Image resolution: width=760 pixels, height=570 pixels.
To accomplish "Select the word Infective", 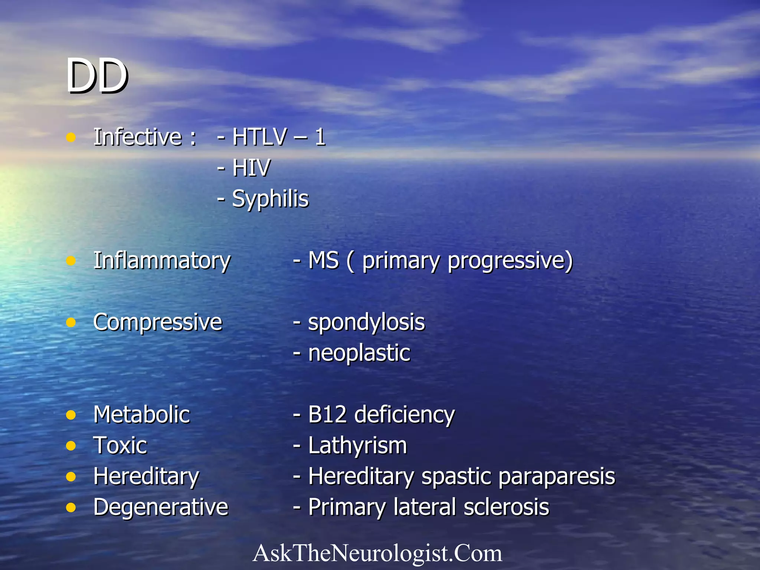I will click(137, 137).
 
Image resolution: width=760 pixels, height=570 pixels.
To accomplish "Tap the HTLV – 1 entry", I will click(279, 137).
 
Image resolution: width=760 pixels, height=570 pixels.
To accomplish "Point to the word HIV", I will click(251, 168).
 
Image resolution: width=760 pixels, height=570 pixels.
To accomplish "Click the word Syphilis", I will click(270, 199).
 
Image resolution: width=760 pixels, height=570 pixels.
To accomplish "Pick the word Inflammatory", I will click(162, 261).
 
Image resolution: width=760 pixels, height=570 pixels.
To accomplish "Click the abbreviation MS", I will click(323, 261).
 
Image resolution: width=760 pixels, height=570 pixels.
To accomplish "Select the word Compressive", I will click(158, 322).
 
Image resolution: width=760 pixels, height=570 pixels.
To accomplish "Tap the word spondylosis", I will click(366, 322).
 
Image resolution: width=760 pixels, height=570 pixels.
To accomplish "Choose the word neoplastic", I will click(359, 353).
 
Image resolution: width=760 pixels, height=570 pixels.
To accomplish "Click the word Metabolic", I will click(142, 415).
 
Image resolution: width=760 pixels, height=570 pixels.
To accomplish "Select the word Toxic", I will click(120, 445).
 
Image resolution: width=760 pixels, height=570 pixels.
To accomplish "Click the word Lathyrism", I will click(358, 445).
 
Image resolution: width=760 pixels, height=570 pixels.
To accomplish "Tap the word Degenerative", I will click(161, 507).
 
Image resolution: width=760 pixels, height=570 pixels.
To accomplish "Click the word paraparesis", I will click(557, 476).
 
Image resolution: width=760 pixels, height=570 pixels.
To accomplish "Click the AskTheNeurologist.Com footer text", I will click(377, 553).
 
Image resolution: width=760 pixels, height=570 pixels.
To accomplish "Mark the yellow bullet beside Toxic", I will click(71, 445).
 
